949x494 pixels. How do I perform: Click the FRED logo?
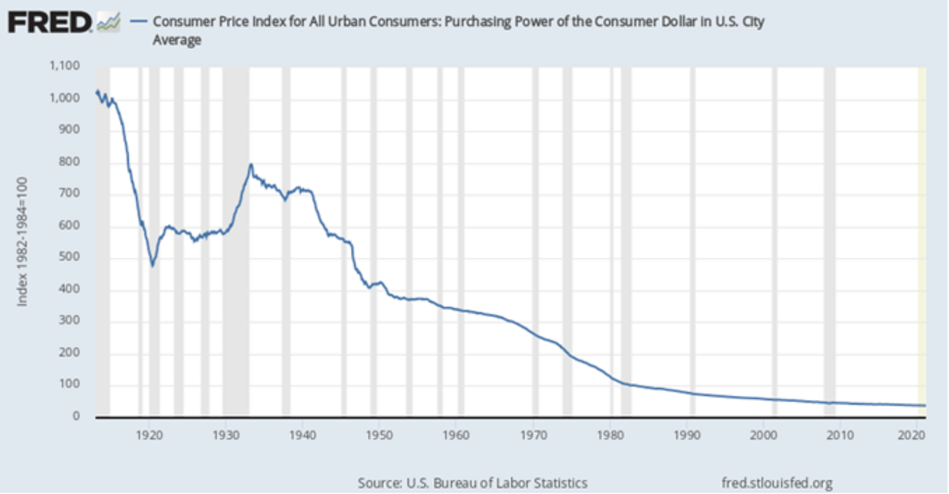pyautogui.click(x=49, y=22)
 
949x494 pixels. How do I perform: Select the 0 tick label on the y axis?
pyautogui.click(x=76, y=417)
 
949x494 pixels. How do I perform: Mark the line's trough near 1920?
pyautogui.click(x=153, y=265)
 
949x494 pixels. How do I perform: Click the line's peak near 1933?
pyautogui.click(x=251, y=164)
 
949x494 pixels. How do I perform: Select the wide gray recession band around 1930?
pyautogui.click(x=236, y=237)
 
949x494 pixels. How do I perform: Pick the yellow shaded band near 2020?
pyautogui.click(x=921, y=237)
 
